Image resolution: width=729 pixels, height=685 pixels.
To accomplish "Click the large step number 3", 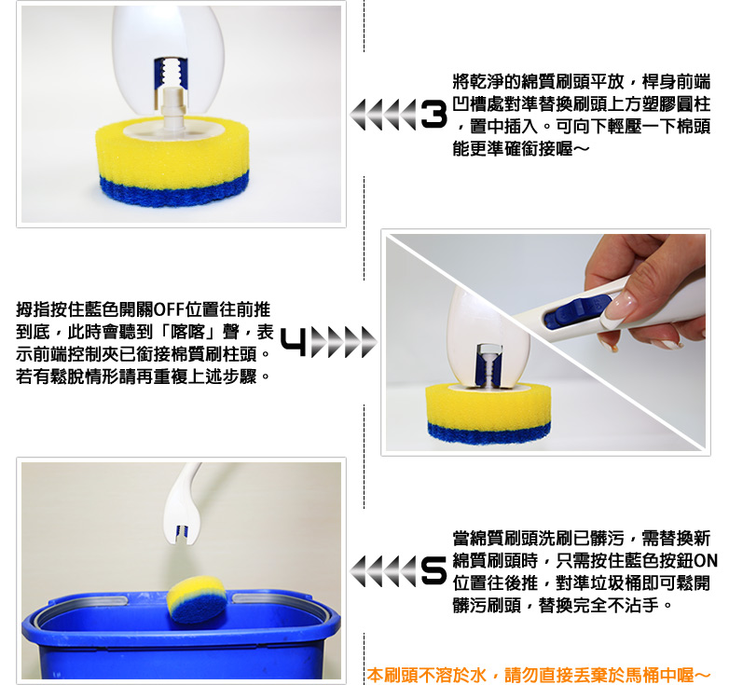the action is (433, 115).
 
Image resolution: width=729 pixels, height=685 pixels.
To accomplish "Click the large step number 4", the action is (294, 343).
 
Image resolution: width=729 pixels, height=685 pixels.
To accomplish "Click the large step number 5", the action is (433, 570).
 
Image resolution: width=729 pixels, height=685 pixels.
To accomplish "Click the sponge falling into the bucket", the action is (196, 598).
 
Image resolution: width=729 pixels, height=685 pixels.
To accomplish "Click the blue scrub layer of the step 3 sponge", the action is (174, 190).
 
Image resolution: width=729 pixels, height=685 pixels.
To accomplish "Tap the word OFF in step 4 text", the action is (168, 309).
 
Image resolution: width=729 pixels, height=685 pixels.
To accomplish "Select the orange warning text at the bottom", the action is (539, 675).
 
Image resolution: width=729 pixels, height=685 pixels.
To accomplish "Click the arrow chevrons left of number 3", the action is (383, 115).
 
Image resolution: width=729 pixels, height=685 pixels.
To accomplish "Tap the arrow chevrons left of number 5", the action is (383, 570).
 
